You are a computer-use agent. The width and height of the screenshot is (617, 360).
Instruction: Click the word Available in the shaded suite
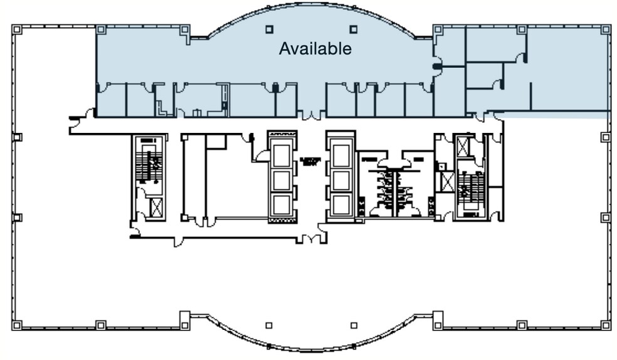pos(315,48)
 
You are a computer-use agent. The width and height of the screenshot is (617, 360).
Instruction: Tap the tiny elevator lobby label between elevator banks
pos(311,161)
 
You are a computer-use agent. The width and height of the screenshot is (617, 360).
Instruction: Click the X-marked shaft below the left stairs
pos(156,206)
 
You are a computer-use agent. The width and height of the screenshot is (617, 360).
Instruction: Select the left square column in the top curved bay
pos(269,28)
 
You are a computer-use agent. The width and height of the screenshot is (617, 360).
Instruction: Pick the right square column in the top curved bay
pos(354,28)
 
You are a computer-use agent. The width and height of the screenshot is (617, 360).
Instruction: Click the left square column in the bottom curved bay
pos(269,325)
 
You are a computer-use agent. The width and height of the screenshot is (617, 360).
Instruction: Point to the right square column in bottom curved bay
pos(354,325)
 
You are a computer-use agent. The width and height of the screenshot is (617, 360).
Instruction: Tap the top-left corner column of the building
pos(17,29)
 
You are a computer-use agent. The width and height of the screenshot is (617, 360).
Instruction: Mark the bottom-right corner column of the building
pos(605,325)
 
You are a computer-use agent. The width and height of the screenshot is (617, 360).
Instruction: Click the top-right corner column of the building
pos(605,29)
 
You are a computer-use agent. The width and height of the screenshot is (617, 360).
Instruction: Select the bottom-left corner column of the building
pos(17,325)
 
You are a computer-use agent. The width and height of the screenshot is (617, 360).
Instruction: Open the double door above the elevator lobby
pos(310,116)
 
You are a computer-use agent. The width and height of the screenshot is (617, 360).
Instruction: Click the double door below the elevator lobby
pos(311,238)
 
